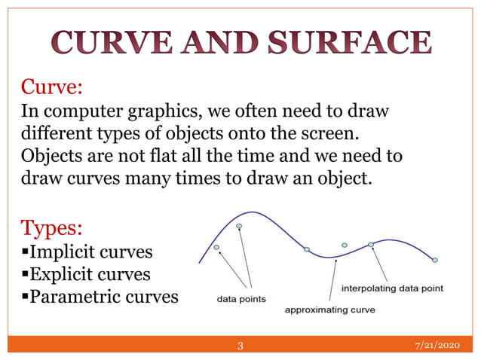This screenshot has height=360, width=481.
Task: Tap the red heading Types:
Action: point(52,227)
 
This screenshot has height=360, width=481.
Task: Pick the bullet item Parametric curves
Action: point(99,296)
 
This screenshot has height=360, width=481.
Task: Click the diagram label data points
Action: point(241,298)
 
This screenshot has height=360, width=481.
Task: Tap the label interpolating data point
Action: point(392,288)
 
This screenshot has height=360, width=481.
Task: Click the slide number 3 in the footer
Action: point(240,346)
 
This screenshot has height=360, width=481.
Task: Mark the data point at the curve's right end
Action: point(435,260)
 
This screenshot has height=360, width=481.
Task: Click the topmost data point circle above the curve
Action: point(239,225)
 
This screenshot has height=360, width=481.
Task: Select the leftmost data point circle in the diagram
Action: point(216,246)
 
